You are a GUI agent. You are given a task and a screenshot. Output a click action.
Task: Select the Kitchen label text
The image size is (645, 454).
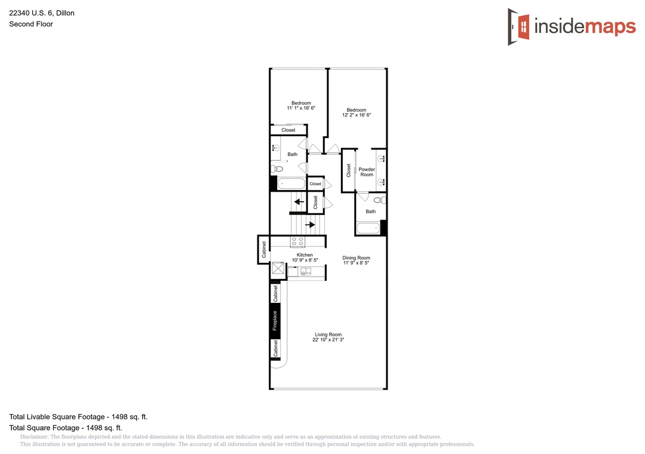tap(305, 255)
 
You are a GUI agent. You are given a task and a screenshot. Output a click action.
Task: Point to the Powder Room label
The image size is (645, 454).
tap(367, 172)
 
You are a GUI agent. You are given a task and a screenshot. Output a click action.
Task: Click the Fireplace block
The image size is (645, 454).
tap(275, 321)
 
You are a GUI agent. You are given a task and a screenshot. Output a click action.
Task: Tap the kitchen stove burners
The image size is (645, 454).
tap(297, 241)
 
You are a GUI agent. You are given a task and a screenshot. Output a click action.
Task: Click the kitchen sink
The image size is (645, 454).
tap(305, 272)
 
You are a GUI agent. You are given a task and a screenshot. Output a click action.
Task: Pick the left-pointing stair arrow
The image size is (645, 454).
tap(299, 202)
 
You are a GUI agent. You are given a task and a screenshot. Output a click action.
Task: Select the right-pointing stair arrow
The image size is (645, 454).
tap(310, 225)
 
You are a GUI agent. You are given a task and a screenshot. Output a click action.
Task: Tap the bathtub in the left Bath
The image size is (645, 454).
tap(291, 183)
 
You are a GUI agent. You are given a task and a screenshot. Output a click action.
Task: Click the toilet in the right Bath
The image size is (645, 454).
tap(380, 201)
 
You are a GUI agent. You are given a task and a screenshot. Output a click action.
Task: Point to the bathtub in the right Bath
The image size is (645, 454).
tap(368, 228)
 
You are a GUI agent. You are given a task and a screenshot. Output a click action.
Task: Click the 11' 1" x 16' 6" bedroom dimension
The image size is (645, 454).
tap(301, 108)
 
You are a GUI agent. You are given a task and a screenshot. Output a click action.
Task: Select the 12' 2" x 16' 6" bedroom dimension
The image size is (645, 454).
tap(356, 115)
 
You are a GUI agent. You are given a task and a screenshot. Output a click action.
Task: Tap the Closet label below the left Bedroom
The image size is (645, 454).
tap(288, 130)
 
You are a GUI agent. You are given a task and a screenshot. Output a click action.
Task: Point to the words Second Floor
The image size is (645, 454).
tap(31, 24)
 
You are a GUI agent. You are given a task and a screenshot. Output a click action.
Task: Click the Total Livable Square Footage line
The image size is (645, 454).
tap(78, 416)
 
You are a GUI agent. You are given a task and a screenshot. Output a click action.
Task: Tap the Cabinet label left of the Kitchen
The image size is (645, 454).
tap(264, 250)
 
